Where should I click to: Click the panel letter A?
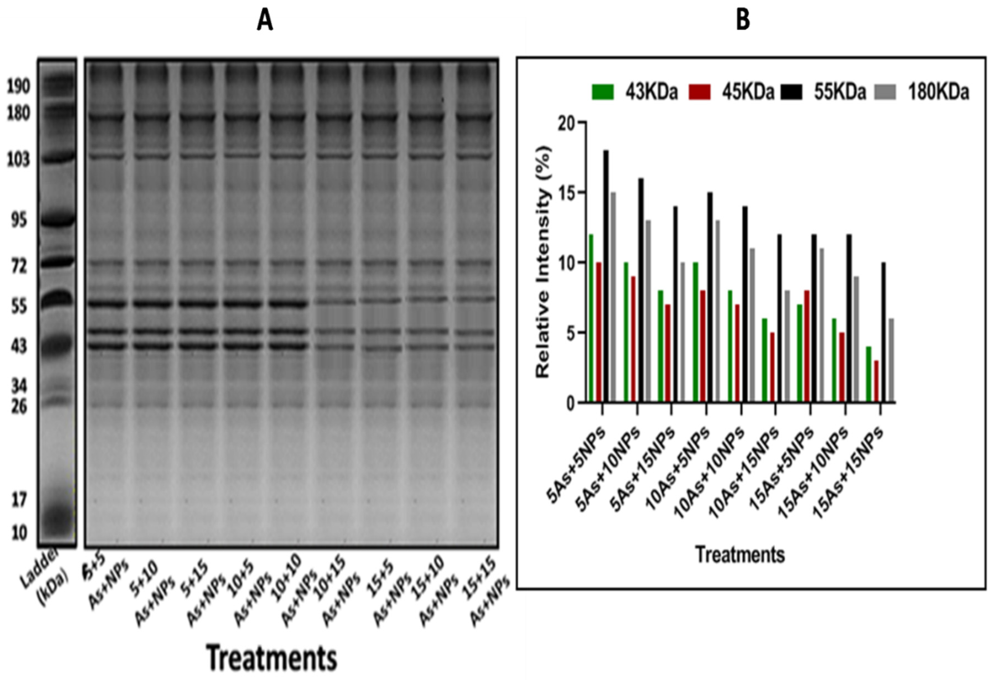coord(265,20)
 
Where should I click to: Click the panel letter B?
coord(743,20)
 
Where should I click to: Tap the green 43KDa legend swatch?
coord(603,92)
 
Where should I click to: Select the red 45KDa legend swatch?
coord(699,92)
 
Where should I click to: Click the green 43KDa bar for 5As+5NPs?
coord(591,318)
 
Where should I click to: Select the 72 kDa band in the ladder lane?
coord(57,261)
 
